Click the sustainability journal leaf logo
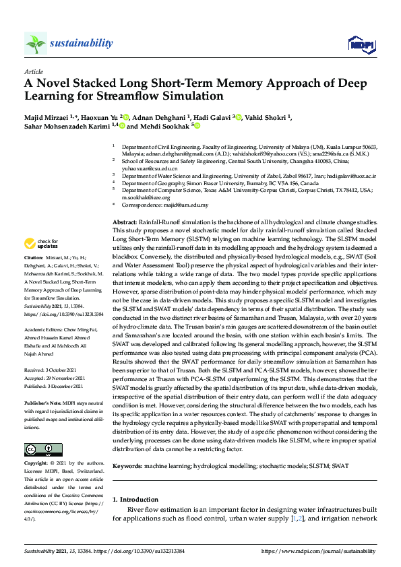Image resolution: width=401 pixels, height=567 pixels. pyautogui.click(x=35, y=43)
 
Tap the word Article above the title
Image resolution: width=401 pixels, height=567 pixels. pyautogui.click(x=34, y=71)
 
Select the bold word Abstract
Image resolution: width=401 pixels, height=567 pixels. pyautogui.click(x=125, y=222)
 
